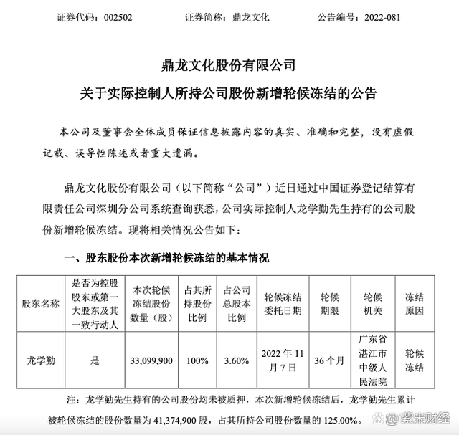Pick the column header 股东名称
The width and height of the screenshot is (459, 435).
(41, 303)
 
